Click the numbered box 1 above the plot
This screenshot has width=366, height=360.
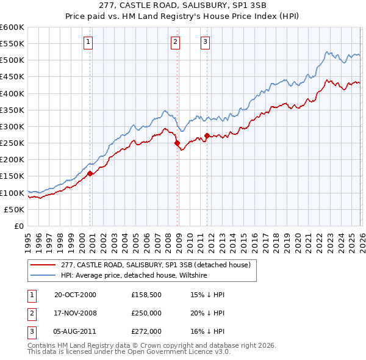pyautogui.click(x=88, y=42)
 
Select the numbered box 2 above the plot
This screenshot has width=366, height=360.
pyautogui.click(x=175, y=42)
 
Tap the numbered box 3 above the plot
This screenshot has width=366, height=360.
pyautogui.click(x=205, y=42)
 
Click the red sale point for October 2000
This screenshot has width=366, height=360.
pyautogui.click(x=90, y=173)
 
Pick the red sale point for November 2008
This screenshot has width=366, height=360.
pyautogui.click(x=178, y=143)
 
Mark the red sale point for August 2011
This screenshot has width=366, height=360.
pyautogui.click(x=207, y=135)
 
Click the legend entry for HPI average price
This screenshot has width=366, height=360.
pyautogui.click(x=134, y=276)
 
